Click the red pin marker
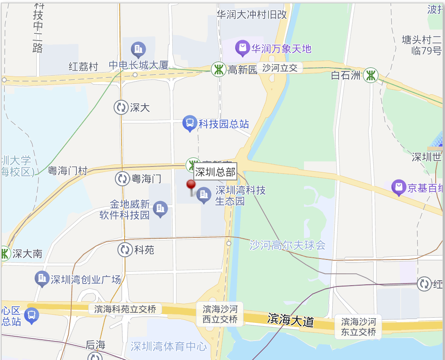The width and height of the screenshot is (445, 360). (191, 185)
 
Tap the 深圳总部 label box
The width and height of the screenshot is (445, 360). (215, 172)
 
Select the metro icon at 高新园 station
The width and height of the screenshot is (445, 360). (218, 69)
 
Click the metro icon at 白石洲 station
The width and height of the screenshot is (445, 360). (371, 75)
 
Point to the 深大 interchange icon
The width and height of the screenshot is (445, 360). (121, 107)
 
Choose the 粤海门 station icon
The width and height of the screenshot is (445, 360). (122, 178)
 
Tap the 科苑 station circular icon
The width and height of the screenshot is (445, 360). (125, 250)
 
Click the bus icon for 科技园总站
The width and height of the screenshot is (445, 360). (190, 123)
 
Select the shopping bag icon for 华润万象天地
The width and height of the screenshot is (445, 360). (243, 48)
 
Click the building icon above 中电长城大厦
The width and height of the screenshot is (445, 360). (138, 50)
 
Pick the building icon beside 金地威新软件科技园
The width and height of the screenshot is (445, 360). (160, 208)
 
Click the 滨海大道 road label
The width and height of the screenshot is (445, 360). (290, 320)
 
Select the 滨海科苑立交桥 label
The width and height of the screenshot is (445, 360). (125, 309)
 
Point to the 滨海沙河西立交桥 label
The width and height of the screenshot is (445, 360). (220, 314)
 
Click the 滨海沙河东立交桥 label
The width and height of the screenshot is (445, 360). (358, 327)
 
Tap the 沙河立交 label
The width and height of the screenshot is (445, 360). (280, 68)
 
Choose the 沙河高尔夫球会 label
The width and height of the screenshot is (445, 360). (288, 245)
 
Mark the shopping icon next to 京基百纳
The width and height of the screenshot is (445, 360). (399, 187)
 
